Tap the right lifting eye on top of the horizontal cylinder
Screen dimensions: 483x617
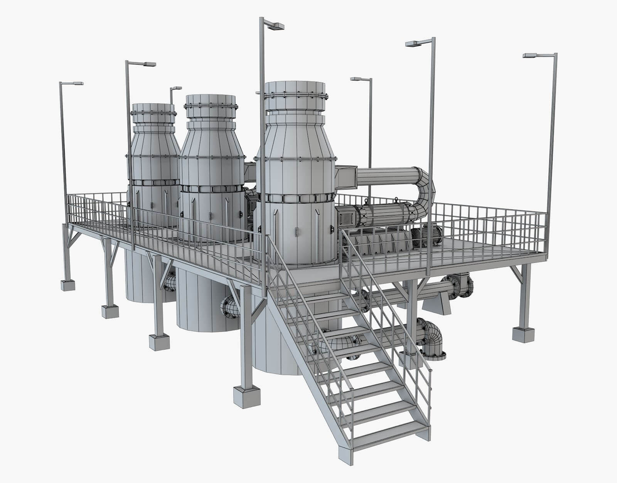[396, 200]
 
